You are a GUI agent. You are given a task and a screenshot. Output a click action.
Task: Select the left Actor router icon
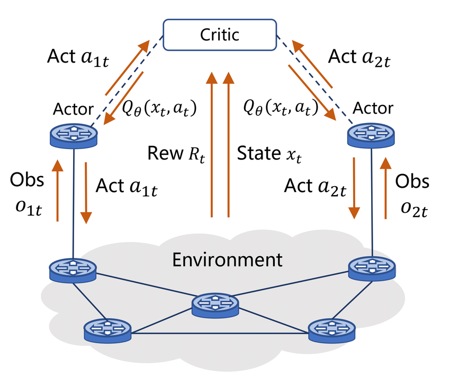tap(74, 134)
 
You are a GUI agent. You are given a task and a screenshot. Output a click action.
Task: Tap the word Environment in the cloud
tap(228, 260)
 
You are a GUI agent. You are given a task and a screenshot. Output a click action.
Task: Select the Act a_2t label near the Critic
tap(361, 57)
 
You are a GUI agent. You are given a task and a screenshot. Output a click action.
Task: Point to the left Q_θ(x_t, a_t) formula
tap(159, 108)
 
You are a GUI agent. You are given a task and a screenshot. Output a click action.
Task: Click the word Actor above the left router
tap(74, 109)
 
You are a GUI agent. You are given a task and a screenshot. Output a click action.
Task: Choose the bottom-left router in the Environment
tap(107, 330)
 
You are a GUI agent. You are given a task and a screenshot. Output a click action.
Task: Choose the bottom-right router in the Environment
tap(331, 330)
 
